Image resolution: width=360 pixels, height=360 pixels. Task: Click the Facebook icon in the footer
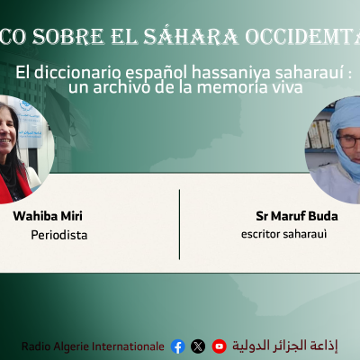click(177, 346)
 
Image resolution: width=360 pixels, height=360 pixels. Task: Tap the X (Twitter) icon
click(198, 346)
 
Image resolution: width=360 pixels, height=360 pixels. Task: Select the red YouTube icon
click(219, 346)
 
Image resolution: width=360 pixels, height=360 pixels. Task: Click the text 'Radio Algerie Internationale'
click(94, 346)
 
